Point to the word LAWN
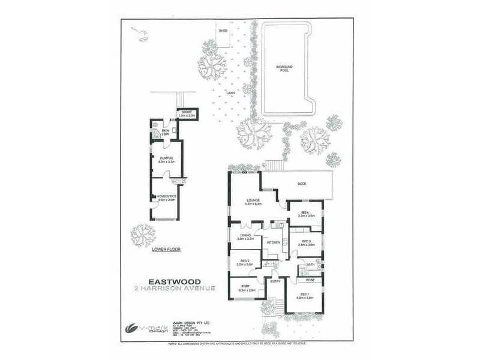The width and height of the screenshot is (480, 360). [230, 93]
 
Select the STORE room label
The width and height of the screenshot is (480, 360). [187, 112]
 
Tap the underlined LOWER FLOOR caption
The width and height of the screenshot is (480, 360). [166, 248]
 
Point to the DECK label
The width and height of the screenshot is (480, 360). [302, 184]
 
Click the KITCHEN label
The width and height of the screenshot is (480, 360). [274, 242]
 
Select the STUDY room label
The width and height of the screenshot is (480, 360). [245, 286]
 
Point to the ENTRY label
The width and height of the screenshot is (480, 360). [275, 281]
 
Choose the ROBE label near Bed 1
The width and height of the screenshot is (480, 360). [310, 280]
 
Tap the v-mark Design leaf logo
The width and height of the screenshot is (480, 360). [131, 327]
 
